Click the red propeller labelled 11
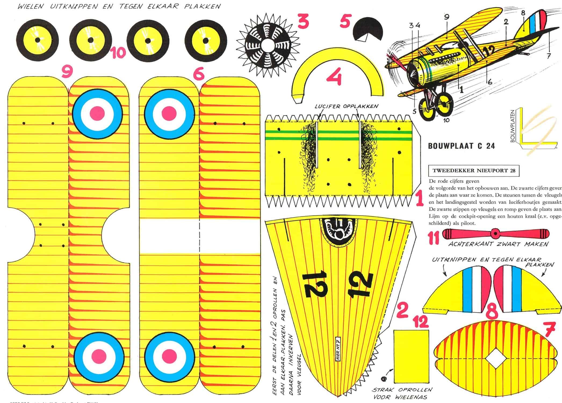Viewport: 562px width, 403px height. click(495, 233)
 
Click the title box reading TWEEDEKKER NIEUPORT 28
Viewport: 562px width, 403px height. click(474, 170)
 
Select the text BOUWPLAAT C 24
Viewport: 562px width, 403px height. click(461, 146)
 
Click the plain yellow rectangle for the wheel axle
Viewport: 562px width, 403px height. click(411, 356)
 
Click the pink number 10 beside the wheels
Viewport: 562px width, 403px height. click(118, 53)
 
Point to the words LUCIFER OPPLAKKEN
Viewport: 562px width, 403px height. click(346, 106)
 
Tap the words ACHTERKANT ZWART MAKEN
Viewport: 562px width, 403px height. click(498, 244)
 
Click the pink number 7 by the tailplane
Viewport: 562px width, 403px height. click(550, 329)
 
